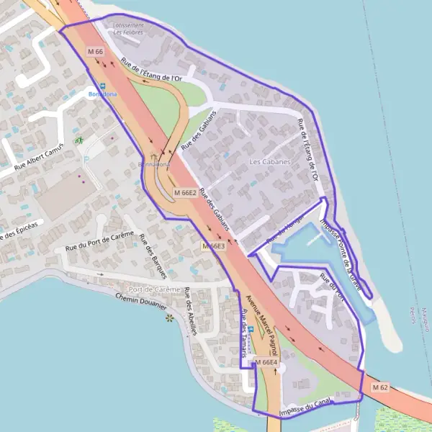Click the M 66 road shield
point(96,52)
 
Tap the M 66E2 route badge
point(185,193)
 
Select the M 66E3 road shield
point(213,246)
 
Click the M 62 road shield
point(379,387)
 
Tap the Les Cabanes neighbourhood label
point(270,162)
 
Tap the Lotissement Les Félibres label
point(128,28)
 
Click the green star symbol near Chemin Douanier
point(170,317)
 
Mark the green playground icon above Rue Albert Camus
point(79,140)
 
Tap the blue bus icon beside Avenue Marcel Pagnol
point(251,330)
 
